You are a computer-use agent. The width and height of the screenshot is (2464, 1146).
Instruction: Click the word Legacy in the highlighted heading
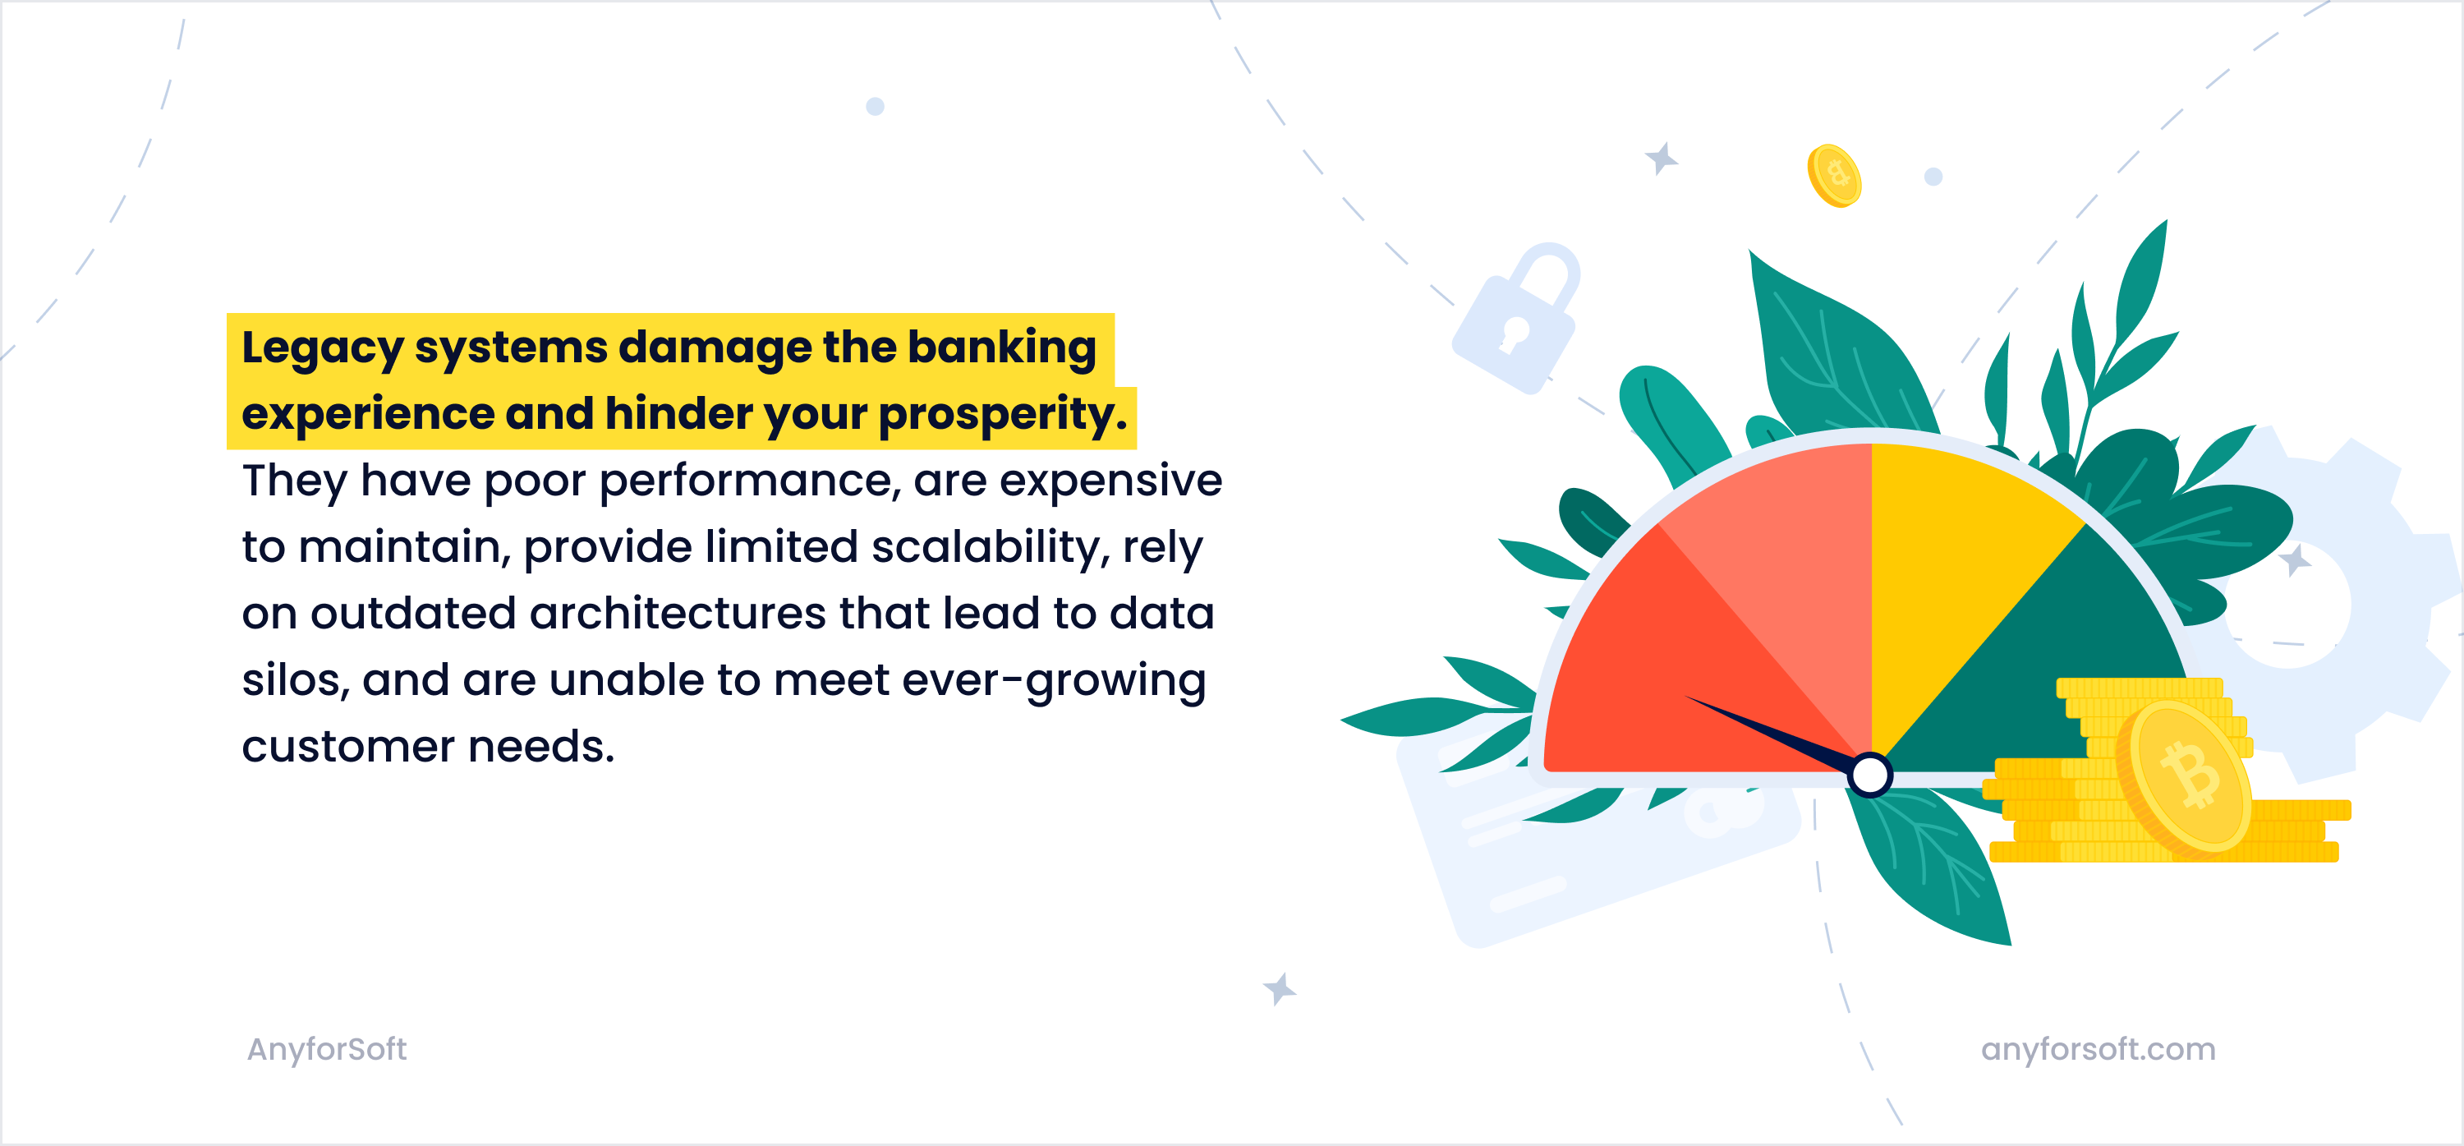click(x=322, y=349)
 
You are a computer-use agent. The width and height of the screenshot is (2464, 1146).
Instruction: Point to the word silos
click(x=296, y=680)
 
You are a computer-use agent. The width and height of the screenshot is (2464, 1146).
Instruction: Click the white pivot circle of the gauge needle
click(x=1870, y=775)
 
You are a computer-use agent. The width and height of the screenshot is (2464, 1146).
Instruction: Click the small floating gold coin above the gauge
click(x=1834, y=176)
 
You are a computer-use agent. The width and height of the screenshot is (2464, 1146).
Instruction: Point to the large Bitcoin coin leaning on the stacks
click(x=2185, y=778)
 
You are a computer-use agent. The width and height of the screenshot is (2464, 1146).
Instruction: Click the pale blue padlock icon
click(x=1517, y=319)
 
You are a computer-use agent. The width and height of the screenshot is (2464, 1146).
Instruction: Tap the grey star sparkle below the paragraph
click(x=1279, y=989)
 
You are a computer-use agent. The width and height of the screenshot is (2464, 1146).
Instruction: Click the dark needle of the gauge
click(x=1770, y=734)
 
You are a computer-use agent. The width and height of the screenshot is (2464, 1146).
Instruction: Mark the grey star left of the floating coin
click(x=1662, y=159)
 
